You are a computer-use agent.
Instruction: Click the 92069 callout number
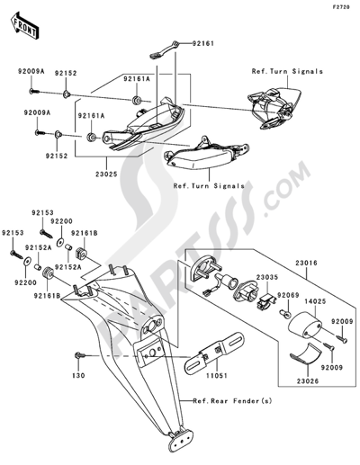tap(285, 296)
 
